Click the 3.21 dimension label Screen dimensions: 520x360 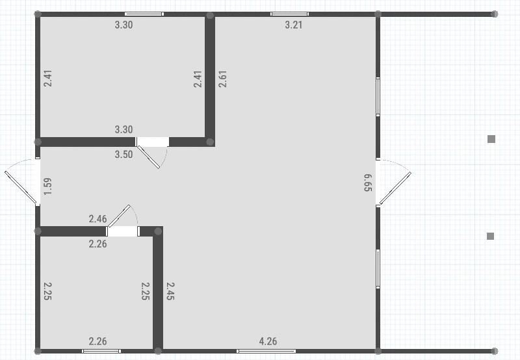(x=294, y=25)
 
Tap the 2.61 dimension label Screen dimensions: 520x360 (x=222, y=79)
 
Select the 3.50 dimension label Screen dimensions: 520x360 (x=123, y=155)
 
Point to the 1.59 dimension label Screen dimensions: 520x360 (x=47, y=186)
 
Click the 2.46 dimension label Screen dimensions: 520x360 (x=97, y=219)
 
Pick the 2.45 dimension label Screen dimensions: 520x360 (x=170, y=290)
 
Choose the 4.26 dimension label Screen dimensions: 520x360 (x=268, y=341)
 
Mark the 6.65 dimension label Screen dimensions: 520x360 (x=368, y=183)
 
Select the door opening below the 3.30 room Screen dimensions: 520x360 (x=152, y=142)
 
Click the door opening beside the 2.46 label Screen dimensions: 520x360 (x=123, y=231)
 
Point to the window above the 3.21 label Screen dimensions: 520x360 (x=289, y=14)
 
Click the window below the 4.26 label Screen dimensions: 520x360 (x=266, y=351)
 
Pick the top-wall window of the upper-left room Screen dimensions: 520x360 (x=144, y=14)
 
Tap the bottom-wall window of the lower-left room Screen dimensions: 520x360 (x=101, y=351)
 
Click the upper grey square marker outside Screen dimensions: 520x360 (x=491, y=138)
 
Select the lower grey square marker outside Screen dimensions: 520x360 (x=491, y=236)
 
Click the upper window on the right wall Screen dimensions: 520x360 (x=378, y=97)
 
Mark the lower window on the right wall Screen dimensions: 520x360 (x=378, y=268)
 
